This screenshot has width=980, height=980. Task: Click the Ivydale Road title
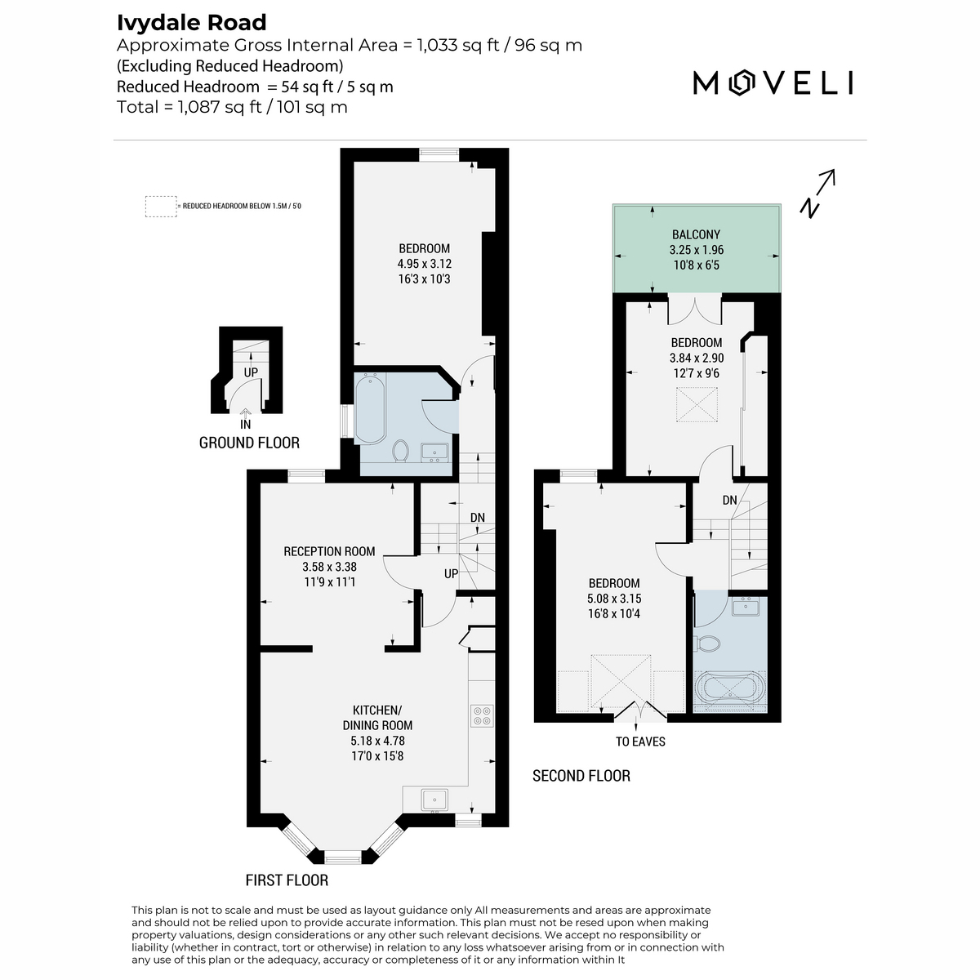tap(191, 23)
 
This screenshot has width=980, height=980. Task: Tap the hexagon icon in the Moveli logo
tap(740, 83)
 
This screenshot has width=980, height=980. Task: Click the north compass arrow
tap(817, 194)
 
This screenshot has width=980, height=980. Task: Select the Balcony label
tap(696, 234)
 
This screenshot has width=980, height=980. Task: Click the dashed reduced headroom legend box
tap(161, 207)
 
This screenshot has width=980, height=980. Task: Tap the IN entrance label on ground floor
tap(245, 424)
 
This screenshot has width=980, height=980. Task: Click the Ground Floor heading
tap(249, 443)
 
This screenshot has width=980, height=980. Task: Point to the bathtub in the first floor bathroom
tap(370, 408)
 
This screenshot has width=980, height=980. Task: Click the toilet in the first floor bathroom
tap(401, 451)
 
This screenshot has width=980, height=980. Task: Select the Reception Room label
tap(329, 551)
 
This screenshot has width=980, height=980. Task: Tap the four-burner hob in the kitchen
tap(482, 715)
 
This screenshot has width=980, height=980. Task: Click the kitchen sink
tap(434, 799)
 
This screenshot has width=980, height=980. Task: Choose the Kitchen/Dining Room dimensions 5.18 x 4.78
tap(378, 741)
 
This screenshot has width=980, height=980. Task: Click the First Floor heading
tap(287, 880)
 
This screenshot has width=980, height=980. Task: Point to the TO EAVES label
tap(640, 742)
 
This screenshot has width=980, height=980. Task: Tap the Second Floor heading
tap(581, 776)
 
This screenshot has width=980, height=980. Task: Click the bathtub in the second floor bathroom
tap(730, 691)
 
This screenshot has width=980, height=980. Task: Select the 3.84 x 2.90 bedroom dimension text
tap(697, 358)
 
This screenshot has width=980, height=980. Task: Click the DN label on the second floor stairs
tap(729, 501)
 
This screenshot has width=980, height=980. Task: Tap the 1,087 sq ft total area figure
tap(220, 107)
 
